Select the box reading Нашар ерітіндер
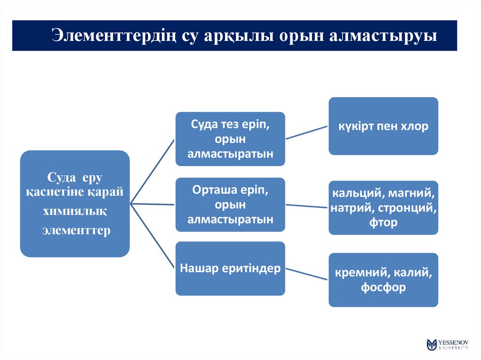(230, 268)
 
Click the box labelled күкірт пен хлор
(383, 126)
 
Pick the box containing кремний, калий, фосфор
(383, 280)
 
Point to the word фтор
(383, 222)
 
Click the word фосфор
(383, 287)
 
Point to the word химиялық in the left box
(75, 211)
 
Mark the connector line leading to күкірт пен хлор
(306, 132)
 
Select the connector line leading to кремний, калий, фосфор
(306, 274)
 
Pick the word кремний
(357, 272)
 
